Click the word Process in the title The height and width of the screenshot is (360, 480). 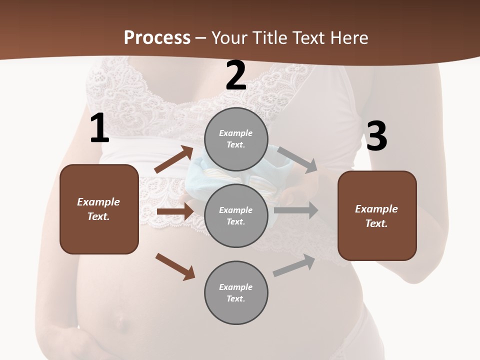[x=157, y=38]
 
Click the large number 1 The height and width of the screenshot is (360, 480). [x=99, y=128]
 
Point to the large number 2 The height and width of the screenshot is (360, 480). [x=236, y=75]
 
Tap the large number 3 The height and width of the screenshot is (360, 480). [x=376, y=136]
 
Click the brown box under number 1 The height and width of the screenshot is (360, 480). [x=99, y=209]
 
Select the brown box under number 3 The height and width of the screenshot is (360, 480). [x=377, y=216]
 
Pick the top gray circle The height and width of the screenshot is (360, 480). [x=236, y=139]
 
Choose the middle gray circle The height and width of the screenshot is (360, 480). [x=236, y=216]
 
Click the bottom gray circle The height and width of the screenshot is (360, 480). [x=236, y=293]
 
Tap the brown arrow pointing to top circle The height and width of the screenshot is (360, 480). [x=173, y=159]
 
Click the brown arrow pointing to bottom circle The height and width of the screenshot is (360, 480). [x=175, y=266]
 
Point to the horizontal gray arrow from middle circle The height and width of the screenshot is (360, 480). [x=295, y=210]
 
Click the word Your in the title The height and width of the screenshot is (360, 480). [x=230, y=38]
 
